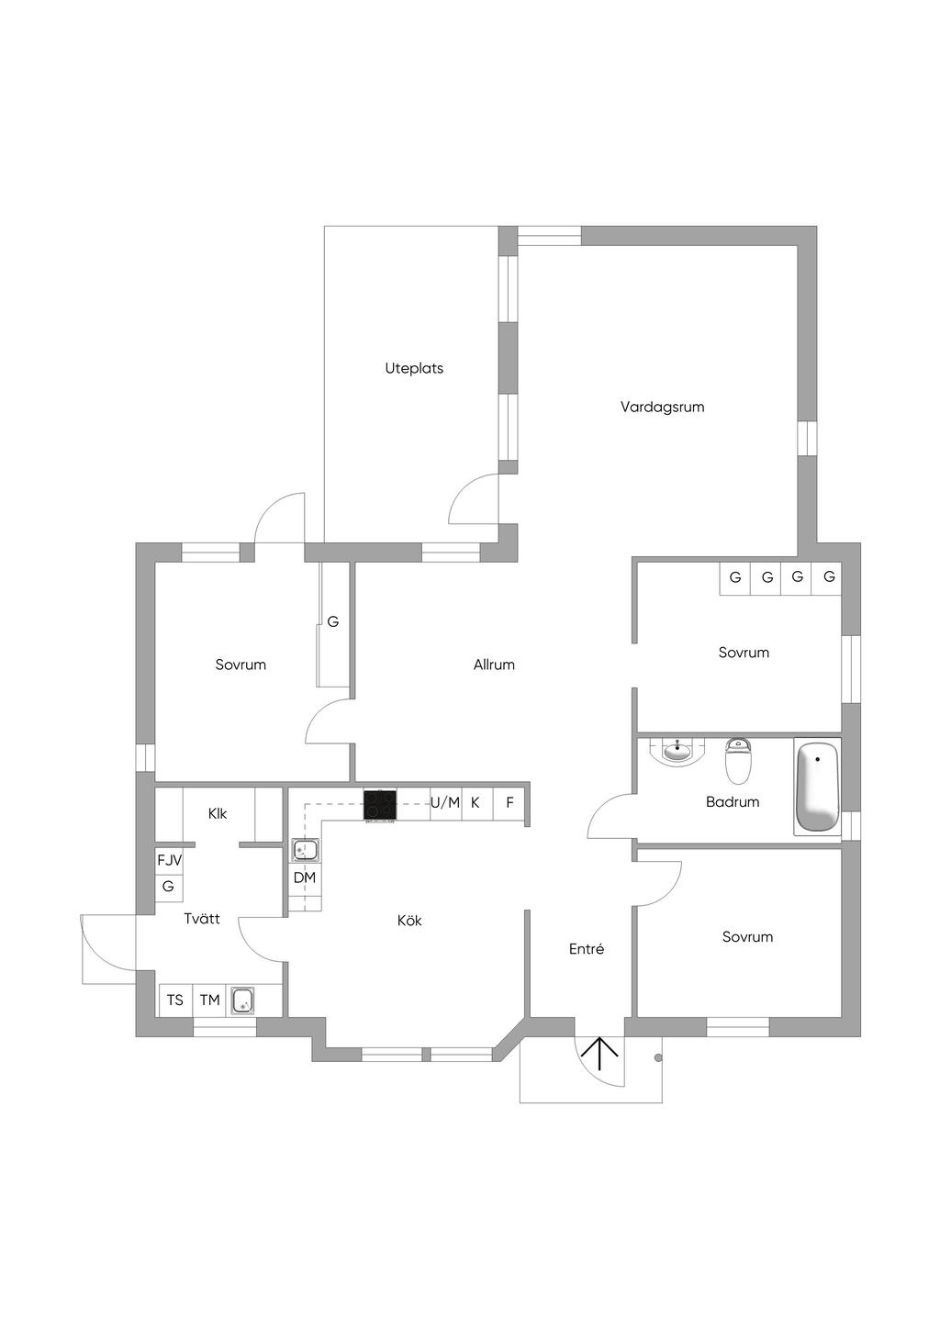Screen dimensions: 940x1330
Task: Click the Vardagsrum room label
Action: (662, 408)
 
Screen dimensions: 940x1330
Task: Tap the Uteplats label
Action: (414, 369)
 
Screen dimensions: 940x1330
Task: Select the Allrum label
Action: (494, 665)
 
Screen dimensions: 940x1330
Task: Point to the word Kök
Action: (409, 921)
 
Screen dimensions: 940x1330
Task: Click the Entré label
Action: (586, 949)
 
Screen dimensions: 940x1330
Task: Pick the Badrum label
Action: (733, 802)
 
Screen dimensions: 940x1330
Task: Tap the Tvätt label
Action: (202, 919)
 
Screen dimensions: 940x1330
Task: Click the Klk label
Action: (218, 813)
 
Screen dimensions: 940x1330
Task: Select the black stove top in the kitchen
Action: (380, 806)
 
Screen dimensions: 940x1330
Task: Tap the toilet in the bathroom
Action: (738, 761)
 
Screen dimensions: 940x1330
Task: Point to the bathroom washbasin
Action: (677, 752)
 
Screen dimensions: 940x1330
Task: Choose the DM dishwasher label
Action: (304, 877)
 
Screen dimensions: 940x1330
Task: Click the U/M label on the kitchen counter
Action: (445, 803)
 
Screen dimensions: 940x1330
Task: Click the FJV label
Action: (169, 860)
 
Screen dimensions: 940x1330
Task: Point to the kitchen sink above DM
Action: (306, 850)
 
